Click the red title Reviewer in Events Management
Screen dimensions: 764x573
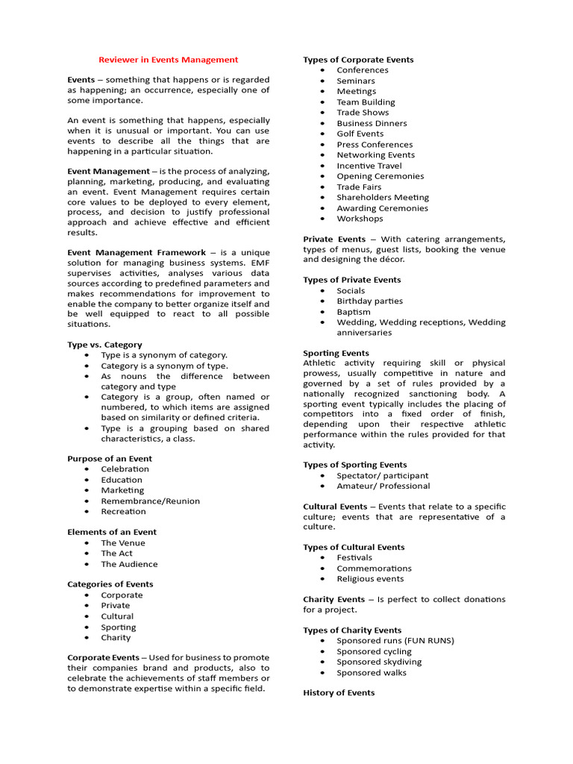click(x=169, y=60)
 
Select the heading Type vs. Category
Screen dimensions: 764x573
click(x=104, y=345)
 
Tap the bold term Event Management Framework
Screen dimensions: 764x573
click(x=137, y=252)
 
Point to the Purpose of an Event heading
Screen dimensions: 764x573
click(x=110, y=459)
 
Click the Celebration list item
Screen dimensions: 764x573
click(x=125, y=469)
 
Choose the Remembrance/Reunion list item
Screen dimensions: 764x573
click(x=150, y=501)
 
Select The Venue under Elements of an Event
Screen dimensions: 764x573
click(x=123, y=543)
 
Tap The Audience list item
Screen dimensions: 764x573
click(x=129, y=564)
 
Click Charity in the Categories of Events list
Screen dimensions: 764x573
click(x=116, y=638)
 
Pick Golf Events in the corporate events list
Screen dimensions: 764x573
click(x=360, y=134)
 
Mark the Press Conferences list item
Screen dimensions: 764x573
click(x=374, y=145)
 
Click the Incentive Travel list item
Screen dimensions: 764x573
click(x=369, y=166)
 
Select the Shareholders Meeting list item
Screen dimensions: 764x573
click(x=383, y=198)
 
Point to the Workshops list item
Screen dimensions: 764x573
click(x=360, y=219)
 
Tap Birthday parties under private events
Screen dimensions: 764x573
click(x=369, y=301)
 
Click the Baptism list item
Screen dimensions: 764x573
click(x=353, y=312)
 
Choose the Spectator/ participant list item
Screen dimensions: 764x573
click(x=382, y=475)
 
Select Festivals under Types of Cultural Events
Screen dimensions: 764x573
click(x=354, y=557)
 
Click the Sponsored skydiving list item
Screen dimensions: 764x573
click(x=378, y=662)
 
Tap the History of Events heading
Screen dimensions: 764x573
click(x=339, y=693)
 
